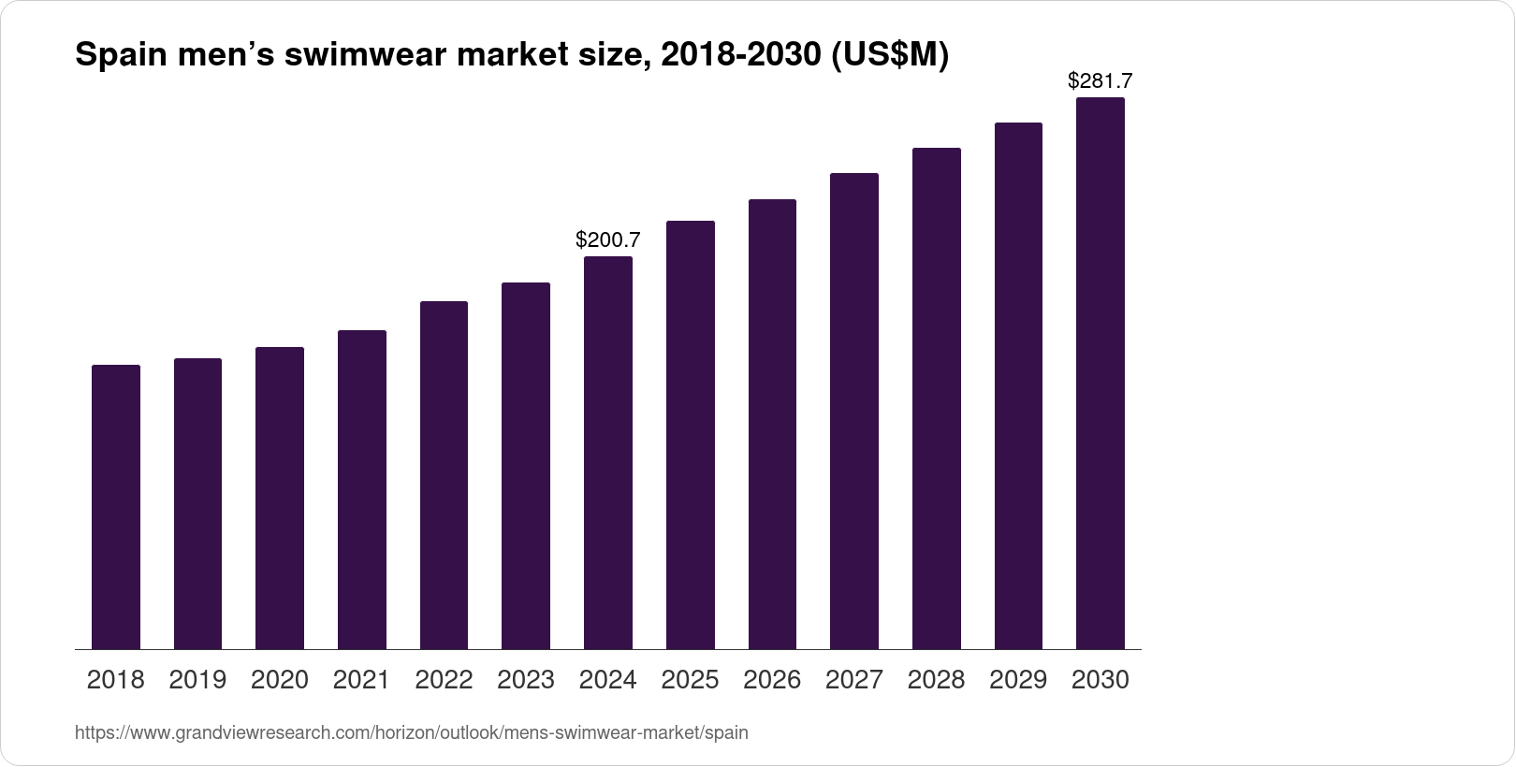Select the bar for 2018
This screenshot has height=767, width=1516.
tap(116, 507)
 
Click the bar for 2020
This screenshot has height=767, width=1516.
tap(280, 498)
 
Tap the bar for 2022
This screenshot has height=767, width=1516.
tap(444, 475)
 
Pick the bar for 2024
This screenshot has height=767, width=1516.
tap(608, 453)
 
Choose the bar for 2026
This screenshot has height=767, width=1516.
tap(772, 424)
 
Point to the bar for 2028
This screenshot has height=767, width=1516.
tap(936, 398)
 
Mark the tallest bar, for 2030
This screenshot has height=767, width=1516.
tap(1101, 373)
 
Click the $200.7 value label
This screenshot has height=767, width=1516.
tap(608, 240)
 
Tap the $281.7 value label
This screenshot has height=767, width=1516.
tap(1101, 81)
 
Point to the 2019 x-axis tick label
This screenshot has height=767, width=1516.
tap(197, 680)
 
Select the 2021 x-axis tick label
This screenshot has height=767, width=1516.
tap(362, 680)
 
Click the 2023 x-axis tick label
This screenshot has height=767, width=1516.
tap(526, 680)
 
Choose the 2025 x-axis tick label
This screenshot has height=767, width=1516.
tap(690, 680)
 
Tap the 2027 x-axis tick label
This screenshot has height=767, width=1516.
tap(854, 680)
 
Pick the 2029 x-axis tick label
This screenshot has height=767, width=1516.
tap(1018, 680)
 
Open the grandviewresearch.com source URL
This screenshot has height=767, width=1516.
tap(412, 732)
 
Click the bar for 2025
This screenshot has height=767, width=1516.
tap(690, 435)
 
